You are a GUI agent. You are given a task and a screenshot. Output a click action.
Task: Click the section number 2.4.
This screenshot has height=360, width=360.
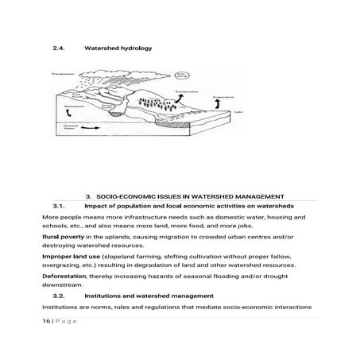pos(58,48)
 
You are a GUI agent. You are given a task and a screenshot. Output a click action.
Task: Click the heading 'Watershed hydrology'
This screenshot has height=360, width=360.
pos(118,48)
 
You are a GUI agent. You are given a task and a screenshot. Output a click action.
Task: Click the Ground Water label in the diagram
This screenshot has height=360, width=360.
pos(68,128)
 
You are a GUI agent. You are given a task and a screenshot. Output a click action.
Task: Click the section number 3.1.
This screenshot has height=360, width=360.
pos(58,205)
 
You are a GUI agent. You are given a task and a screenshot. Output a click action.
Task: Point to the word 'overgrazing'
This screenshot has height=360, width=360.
pos(64,265)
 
